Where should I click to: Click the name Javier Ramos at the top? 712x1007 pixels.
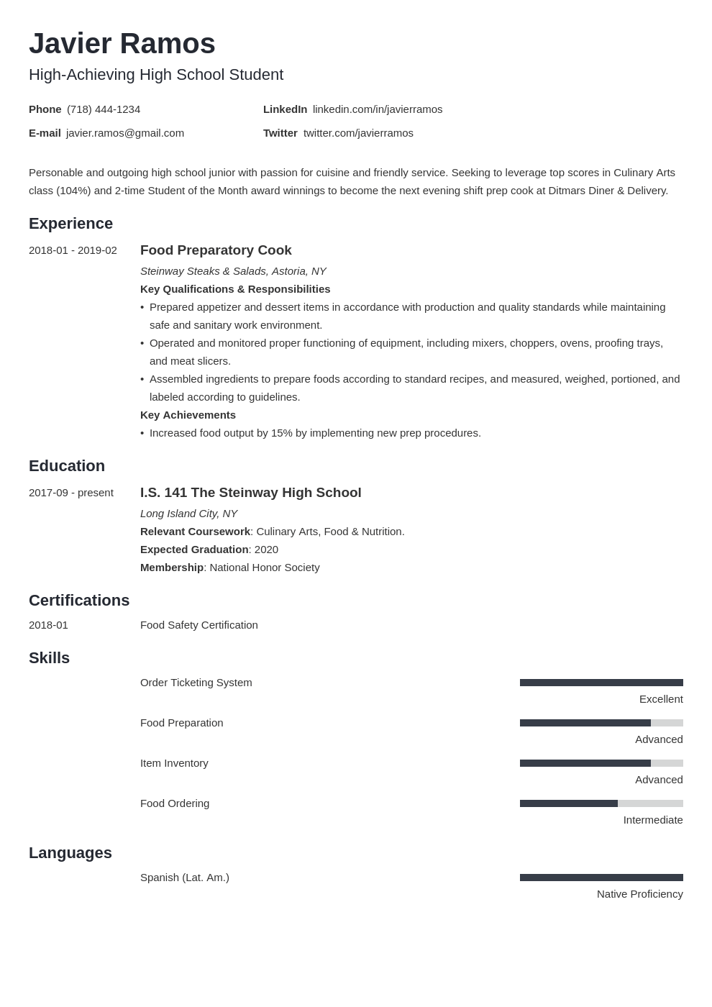(122, 44)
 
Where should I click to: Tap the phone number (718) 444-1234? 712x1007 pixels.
(104, 109)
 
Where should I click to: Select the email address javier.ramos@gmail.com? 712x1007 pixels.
(125, 133)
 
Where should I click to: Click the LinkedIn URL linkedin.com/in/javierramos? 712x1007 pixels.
(378, 109)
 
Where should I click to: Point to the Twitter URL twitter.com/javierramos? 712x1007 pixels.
(358, 133)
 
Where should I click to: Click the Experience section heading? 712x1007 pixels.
(70, 224)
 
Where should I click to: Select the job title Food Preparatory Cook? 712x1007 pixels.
(216, 250)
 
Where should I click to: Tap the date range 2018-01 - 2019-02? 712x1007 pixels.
(73, 250)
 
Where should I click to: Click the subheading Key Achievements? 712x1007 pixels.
(188, 415)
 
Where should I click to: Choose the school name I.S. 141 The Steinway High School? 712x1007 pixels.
(250, 493)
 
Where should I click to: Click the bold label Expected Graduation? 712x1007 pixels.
(194, 550)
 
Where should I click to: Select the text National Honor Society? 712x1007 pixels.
(265, 568)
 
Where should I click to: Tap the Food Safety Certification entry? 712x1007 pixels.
(199, 625)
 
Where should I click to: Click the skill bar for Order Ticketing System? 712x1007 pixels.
(601, 683)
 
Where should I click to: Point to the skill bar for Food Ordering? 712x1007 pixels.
(601, 803)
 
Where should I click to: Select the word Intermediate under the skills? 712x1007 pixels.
(653, 820)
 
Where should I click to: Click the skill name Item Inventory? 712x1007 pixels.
(174, 763)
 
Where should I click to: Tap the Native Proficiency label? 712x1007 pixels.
(639, 894)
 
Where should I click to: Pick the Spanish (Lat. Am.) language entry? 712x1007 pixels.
(185, 878)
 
